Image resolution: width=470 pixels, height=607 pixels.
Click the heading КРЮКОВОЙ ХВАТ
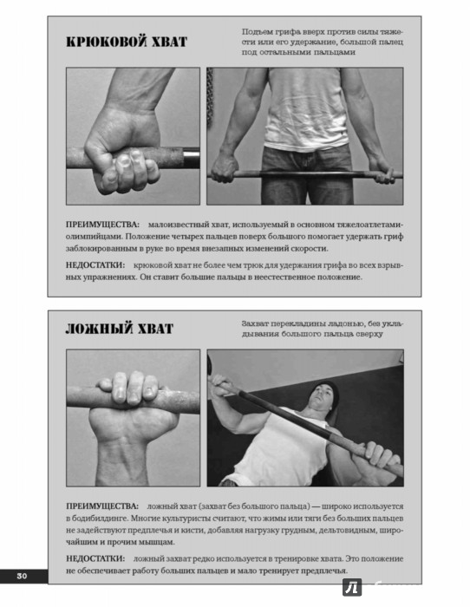[x=127, y=42]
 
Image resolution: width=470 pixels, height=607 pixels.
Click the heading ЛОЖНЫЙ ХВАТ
[x=120, y=329]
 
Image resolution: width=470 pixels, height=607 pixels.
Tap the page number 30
[x=22, y=576]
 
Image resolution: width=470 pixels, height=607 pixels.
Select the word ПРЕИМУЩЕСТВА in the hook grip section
[x=102, y=225]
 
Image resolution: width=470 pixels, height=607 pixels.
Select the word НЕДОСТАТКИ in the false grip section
[x=95, y=558]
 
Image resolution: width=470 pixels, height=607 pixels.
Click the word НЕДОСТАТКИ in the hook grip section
[x=95, y=265]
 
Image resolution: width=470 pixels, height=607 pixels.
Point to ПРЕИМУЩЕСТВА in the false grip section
[x=102, y=506]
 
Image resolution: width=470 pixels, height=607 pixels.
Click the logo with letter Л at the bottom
[x=352, y=588]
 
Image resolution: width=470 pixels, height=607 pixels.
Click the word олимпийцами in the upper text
[x=93, y=237]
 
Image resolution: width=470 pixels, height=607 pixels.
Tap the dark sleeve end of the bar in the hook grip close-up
[x=192, y=158]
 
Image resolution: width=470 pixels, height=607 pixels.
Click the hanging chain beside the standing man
[x=210, y=101]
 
